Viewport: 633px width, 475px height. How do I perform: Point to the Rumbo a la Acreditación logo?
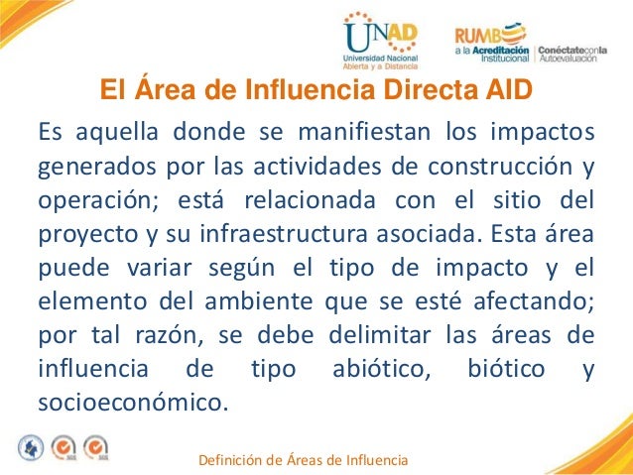coord(536,41)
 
